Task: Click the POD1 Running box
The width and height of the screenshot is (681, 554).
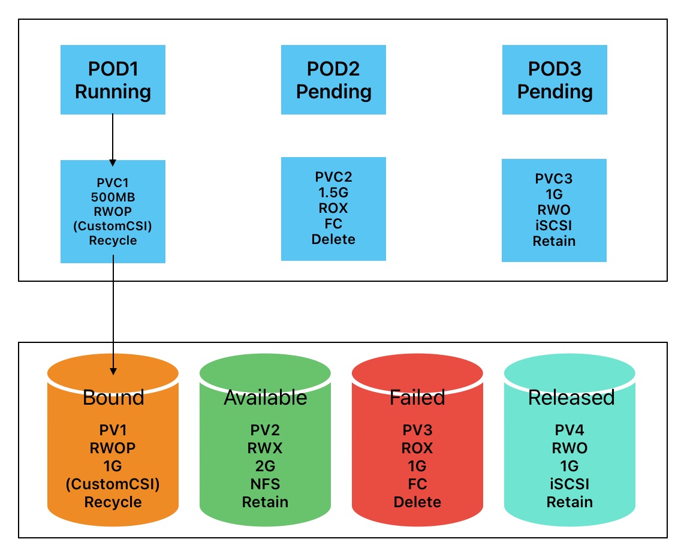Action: click(113, 80)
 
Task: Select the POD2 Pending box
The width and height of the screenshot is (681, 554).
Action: click(333, 80)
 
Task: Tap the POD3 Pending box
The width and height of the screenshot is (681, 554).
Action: click(555, 80)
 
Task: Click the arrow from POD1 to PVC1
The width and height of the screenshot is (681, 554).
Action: click(113, 138)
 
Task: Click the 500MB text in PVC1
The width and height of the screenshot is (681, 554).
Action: click(113, 196)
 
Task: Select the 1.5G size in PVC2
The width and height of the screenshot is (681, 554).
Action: click(334, 192)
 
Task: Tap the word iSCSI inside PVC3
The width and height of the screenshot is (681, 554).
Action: click(555, 225)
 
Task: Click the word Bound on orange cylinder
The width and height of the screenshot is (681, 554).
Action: click(113, 398)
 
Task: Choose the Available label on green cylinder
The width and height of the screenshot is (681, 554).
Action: click(265, 398)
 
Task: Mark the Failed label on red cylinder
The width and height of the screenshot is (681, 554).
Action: click(417, 398)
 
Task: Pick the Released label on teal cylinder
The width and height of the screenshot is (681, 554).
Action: click(571, 398)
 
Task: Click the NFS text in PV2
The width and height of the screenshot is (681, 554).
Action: click(265, 483)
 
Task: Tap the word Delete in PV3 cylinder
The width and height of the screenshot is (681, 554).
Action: click(417, 501)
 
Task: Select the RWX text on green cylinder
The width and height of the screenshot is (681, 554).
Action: click(265, 448)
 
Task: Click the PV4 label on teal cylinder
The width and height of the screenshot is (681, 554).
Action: click(569, 430)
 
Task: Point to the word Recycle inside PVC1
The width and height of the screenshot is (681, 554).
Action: click(113, 241)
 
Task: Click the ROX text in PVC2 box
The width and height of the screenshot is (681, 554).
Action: click(334, 208)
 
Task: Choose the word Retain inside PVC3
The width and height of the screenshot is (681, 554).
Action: click(555, 241)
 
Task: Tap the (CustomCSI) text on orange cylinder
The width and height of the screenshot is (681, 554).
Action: click(113, 483)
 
